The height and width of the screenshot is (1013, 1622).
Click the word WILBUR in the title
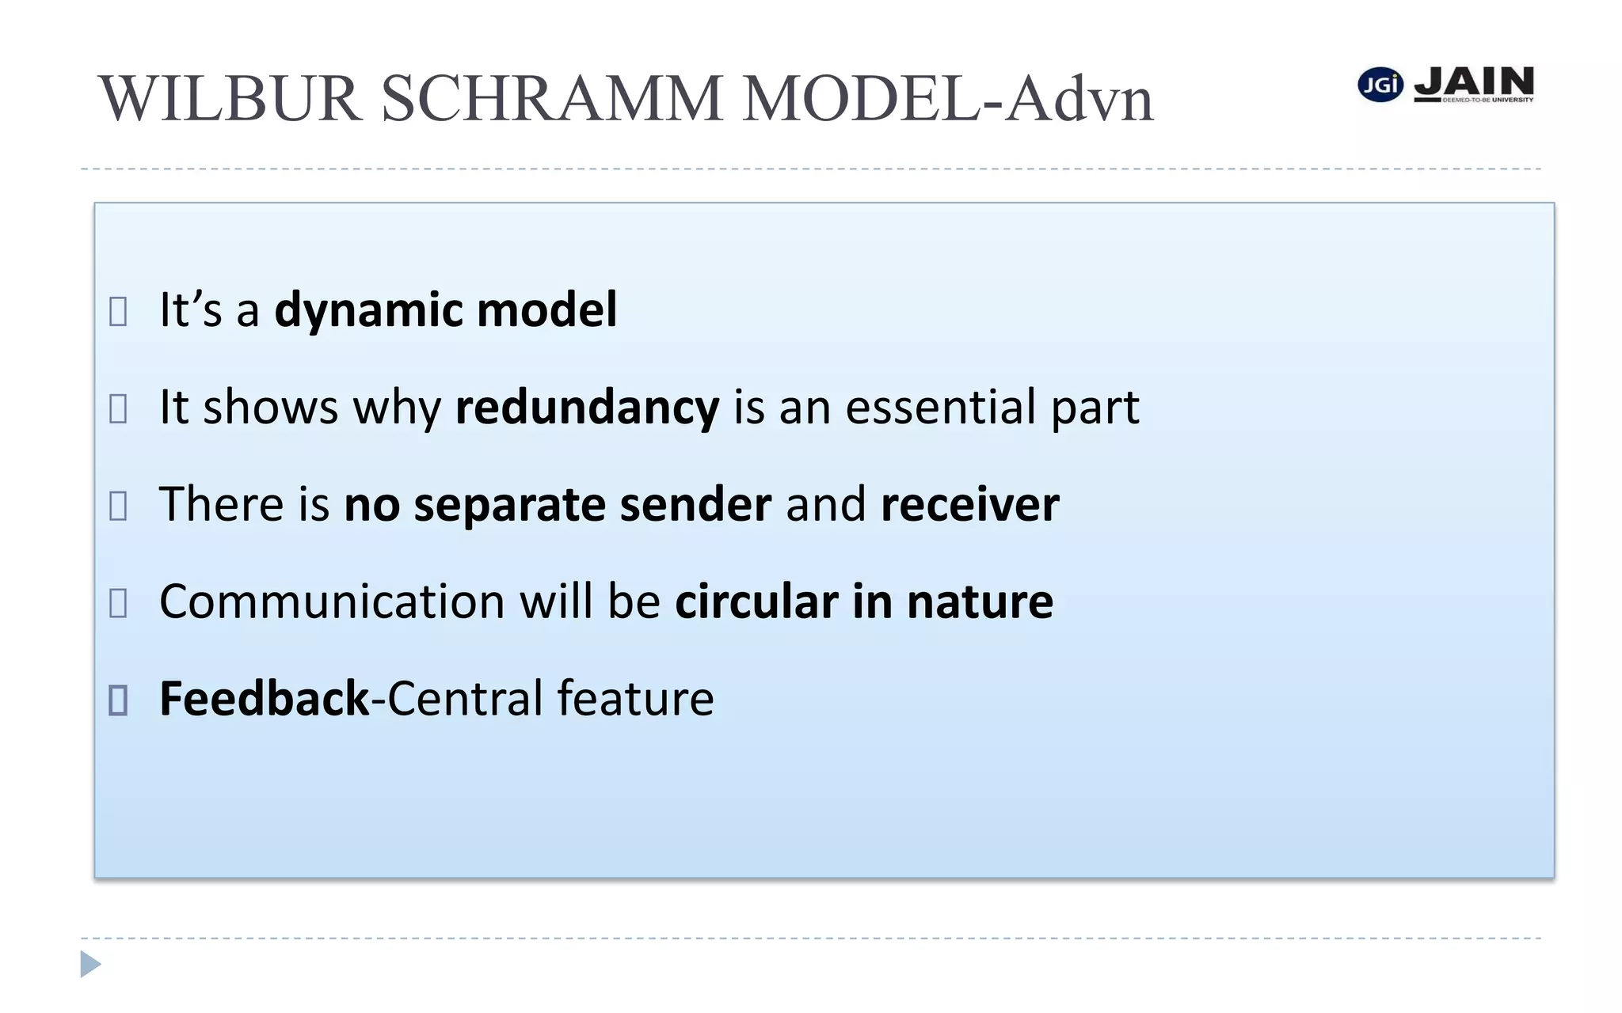tap(230, 99)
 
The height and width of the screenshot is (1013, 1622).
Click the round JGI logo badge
tap(1380, 85)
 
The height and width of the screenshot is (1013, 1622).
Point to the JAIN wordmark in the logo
tap(1474, 82)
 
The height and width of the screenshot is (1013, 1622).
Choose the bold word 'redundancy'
tap(587, 408)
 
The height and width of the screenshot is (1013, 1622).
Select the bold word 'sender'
tap(695, 505)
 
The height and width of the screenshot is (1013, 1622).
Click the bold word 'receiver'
tap(969, 505)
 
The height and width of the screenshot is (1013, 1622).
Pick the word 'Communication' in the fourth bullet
tap(332, 601)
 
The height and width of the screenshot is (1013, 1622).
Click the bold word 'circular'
tap(756, 601)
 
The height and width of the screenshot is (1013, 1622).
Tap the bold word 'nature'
tap(980, 601)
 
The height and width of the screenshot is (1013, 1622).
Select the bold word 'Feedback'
tap(265, 699)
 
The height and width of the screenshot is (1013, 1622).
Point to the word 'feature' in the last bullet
tap(635, 699)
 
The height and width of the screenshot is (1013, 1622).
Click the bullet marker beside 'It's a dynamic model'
tap(118, 311)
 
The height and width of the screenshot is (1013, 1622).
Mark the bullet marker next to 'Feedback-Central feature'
tap(118, 700)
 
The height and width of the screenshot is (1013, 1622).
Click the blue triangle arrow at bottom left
tap(90, 964)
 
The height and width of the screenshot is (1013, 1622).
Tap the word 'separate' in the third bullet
tap(509, 506)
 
